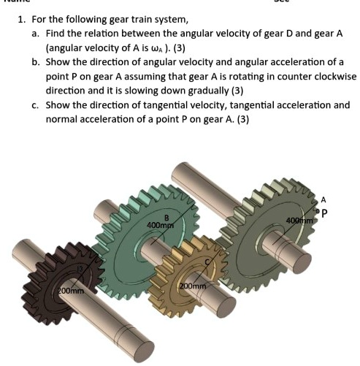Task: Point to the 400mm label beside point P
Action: [x=299, y=220]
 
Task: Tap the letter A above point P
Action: [x=323, y=199]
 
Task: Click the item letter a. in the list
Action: [x=36, y=34]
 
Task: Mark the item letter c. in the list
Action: [x=36, y=105]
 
